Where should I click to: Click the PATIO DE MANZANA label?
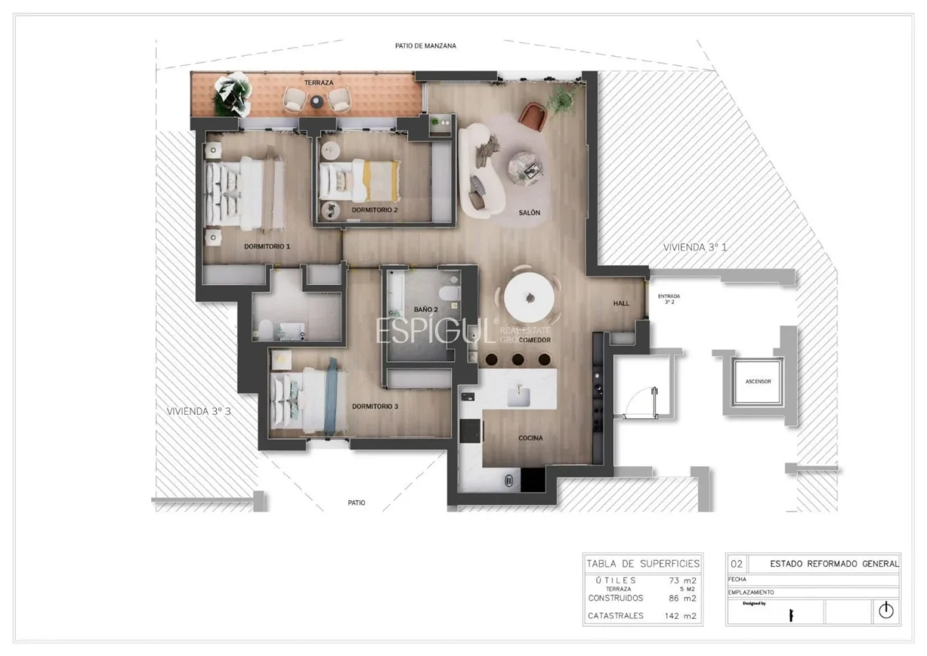[x=425, y=46]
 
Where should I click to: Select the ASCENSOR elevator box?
[x=757, y=382]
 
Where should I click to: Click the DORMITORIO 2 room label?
[x=374, y=210]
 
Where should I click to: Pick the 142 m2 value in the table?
[x=680, y=615]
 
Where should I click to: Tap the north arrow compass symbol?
[x=885, y=611]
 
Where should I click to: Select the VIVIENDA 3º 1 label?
[x=695, y=247]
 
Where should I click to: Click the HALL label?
[x=621, y=303]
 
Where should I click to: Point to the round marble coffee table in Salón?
[x=527, y=167]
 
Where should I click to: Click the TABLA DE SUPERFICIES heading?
[x=642, y=564]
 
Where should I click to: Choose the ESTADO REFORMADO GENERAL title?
[x=834, y=564]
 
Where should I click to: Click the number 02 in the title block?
[x=737, y=564]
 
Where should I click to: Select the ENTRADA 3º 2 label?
[x=668, y=298]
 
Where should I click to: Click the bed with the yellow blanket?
[x=360, y=180]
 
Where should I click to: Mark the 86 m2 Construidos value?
[x=680, y=598]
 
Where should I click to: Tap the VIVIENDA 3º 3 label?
[x=198, y=411]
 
